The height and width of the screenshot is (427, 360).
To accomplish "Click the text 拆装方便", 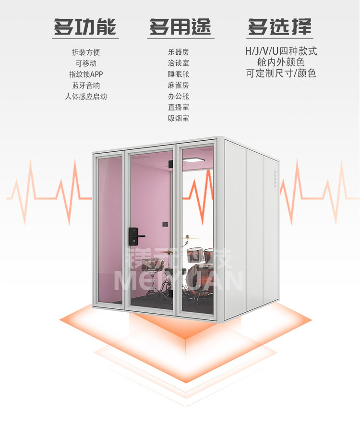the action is pos(86,52).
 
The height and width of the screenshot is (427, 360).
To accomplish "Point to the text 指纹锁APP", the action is pos(86,74).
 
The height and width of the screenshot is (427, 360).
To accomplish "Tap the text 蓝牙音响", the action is pos(86,85).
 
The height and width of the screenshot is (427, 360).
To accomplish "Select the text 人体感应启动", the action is pos(86,96).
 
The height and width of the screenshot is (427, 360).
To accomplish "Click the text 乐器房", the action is pos(179,52).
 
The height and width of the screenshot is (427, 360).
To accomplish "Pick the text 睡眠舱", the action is pos(179,74).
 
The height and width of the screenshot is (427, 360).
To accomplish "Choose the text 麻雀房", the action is pos(179,85).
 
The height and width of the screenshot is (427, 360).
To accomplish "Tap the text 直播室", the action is pos(179,107).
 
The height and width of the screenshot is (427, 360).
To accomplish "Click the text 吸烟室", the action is pos(179,118).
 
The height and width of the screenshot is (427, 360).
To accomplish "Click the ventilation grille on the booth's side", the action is pos(275,177).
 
